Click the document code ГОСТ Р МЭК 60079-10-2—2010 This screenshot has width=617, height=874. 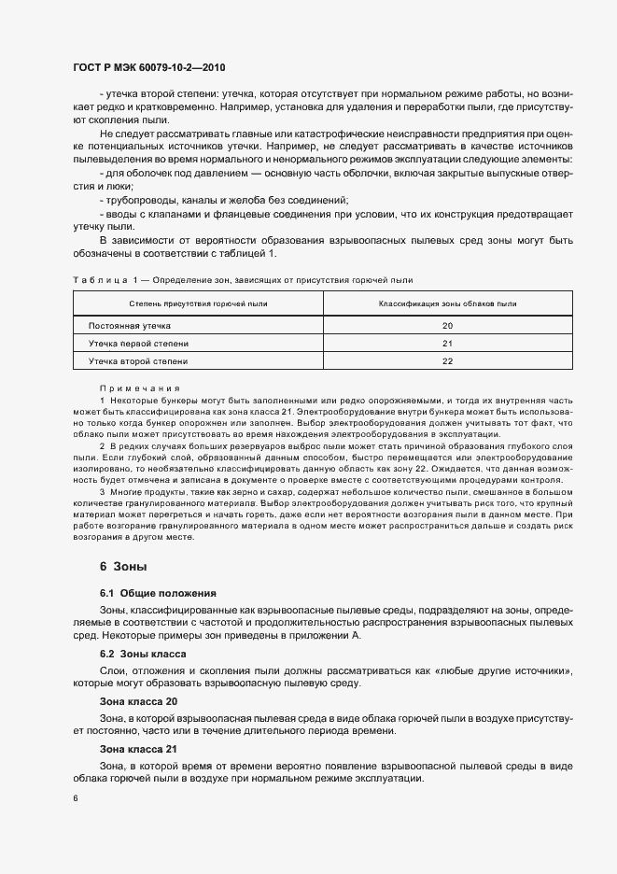coord(148,68)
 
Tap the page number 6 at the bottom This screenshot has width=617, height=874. coord(76,798)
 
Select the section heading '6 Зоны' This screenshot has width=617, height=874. coord(122,567)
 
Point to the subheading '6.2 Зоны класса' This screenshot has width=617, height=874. coord(144,654)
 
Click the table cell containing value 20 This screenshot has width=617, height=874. coord(447,325)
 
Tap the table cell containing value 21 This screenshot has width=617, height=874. coord(447,343)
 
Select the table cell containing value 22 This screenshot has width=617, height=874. coord(447,360)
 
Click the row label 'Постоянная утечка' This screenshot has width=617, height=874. coord(130,325)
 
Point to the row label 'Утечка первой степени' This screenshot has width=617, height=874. coord(137,343)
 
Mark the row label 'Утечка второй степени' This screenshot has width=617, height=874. coord(137,360)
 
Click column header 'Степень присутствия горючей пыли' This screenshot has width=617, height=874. coord(198,303)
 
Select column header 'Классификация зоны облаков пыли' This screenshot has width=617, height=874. coord(447,303)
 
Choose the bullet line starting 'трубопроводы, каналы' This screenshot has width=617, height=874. coord(224,201)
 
